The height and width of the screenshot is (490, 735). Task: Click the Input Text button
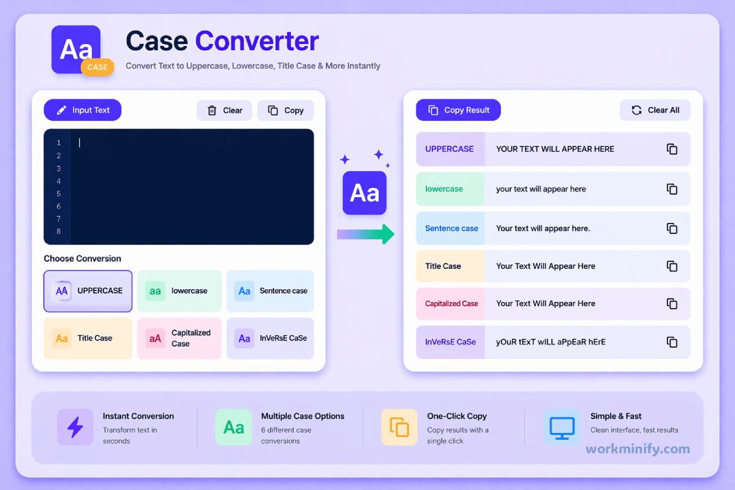[83, 110]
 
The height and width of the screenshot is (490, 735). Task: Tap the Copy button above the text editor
[285, 110]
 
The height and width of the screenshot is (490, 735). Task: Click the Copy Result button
[458, 110]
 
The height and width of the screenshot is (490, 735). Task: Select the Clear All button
[655, 110]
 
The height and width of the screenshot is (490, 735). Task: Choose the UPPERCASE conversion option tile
[88, 291]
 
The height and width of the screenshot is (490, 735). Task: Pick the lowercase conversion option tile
[179, 291]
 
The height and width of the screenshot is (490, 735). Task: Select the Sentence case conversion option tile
[270, 291]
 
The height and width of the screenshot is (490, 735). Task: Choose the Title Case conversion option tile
[88, 338]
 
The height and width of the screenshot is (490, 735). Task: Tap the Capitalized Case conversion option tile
[179, 338]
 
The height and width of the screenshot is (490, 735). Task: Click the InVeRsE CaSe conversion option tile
[270, 338]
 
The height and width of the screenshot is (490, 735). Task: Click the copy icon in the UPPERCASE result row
[672, 149]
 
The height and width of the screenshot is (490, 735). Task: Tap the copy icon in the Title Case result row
[672, 266]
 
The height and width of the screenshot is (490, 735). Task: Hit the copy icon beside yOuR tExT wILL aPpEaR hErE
[672, 342]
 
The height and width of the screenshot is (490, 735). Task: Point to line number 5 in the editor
[59, 194]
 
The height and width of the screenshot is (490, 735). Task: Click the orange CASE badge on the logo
[97, 67]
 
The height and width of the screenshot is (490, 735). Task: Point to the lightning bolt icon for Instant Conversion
[75, 427]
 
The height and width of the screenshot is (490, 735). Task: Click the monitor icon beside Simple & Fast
[561, 427]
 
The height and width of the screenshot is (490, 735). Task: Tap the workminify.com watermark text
[638, 449]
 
